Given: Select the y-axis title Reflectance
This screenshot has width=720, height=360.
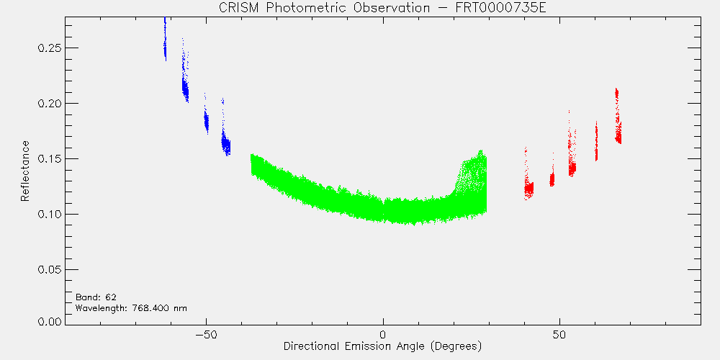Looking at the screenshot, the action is coord(25,171).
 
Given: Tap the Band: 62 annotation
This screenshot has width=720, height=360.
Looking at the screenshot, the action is coord(92,297).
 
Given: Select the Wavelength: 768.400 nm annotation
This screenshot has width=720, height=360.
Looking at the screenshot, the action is coord(131,307).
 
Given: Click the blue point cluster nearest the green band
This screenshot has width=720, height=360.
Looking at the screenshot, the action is coord(225,143).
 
